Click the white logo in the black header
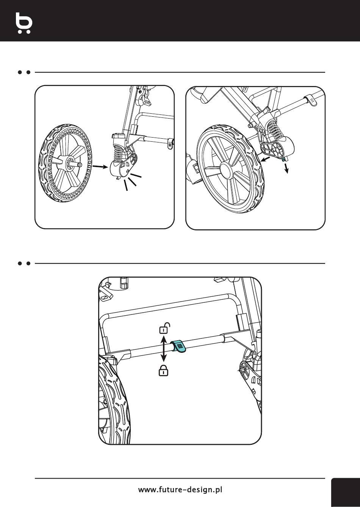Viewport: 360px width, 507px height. click(24, 23)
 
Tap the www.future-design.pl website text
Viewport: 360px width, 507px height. click(180, 490)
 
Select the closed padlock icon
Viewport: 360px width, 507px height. click(163, 371)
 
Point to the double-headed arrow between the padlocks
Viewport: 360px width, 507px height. click(163, 349)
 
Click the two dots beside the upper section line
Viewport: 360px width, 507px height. click(23, 72)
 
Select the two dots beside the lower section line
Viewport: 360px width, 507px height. click(23, 263)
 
